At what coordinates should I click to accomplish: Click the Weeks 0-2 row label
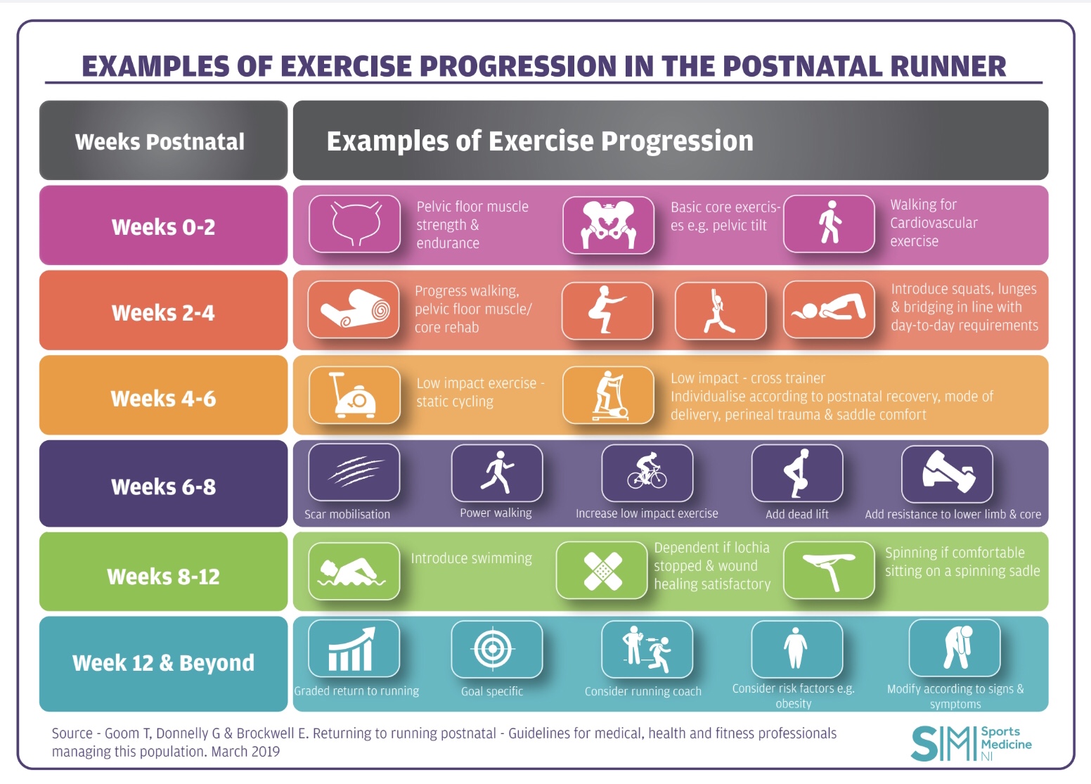point(163,227)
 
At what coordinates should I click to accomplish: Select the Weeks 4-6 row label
point(163,399)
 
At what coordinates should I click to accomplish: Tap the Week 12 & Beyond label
point(163,663)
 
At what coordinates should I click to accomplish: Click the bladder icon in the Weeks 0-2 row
point(355,224)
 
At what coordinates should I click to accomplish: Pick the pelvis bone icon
point(608,225)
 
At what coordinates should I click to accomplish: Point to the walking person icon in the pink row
point(829,224)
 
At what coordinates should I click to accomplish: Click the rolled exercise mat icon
point(354,310)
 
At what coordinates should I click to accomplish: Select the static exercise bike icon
point(354,395)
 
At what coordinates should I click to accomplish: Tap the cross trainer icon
point(608,395)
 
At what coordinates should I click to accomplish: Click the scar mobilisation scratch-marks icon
point(354,473)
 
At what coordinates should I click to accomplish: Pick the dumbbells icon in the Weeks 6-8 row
point(947,473)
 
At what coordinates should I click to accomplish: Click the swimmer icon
point(354,571)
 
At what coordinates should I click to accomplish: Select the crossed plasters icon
point(602,570)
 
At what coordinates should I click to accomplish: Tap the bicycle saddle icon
point(829,570)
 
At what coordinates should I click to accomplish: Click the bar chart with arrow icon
point(354,648)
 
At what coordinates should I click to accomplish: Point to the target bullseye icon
point(496,648)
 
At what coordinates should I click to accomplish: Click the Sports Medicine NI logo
point(971,744)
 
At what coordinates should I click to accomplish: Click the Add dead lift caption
point(796,514)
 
